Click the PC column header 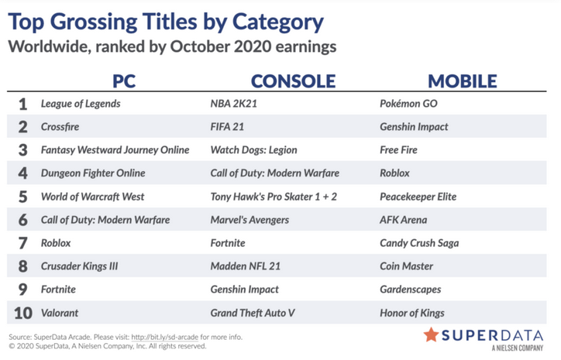[124, 81]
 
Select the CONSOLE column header [293, 81]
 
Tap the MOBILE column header [463, 81]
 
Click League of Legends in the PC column [81, 104]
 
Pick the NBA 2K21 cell [234, 104]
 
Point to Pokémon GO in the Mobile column [408, 104]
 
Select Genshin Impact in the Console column [244, 290]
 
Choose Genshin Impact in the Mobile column [414, 127]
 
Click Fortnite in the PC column [58, 290]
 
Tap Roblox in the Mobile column [394, 173]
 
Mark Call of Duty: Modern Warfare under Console [275, 173]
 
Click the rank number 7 [23, 243]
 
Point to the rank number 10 [23, 314]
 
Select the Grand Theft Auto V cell [253, 314]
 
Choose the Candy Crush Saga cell [419, 243]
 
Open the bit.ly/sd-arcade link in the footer [164, 337]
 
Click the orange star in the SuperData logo [431, 335]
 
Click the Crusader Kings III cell [80, 266]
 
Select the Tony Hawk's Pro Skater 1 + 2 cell [274, 197]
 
